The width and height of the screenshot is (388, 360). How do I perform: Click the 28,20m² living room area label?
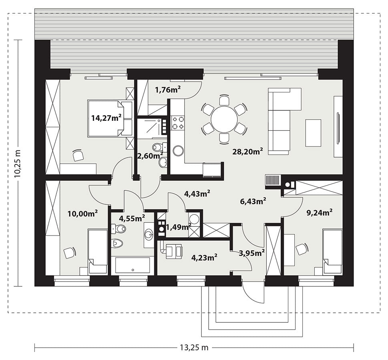click(x=247, y=151)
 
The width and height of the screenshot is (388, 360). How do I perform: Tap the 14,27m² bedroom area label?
click(x=107, y=118)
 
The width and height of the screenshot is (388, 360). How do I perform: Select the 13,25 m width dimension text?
click(x=194, y=348)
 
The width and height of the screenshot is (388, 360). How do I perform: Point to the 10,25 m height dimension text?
click(x=18, y=163)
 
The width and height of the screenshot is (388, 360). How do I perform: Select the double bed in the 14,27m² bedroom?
click(x=110, y=118)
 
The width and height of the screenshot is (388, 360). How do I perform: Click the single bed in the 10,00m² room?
click(x=98, y=252)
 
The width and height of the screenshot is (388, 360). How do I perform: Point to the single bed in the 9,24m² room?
click(x=333, y=252)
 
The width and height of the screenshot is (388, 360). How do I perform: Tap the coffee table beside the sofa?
click(x=314, y=133)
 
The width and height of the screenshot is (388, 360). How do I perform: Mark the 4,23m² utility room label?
click(x=204, y=257)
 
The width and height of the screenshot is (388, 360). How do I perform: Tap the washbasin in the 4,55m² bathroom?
click(x=149, y=234)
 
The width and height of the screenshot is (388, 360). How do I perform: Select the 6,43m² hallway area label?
click(x=253, y=201)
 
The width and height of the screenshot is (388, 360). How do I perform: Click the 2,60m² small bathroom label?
click(x=150, y=156)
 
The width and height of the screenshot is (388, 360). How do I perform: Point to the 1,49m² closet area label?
click(x=178, y=227)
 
